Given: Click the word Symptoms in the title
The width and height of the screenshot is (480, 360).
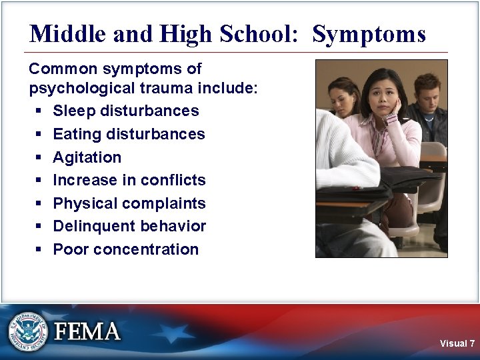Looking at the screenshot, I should [x=369, y=34].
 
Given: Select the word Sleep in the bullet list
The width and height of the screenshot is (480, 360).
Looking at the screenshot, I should [x=73, y=111].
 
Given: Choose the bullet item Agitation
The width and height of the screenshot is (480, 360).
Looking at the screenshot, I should [x=87, y=157].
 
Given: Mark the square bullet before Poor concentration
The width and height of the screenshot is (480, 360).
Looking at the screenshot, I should [x=39, y=249].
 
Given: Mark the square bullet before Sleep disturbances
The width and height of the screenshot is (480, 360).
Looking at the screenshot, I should [x=39, y=111].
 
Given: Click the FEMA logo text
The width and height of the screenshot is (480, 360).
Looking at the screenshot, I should [x=87, y=331].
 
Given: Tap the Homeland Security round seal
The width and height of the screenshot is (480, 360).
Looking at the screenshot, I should [x=28, y=331].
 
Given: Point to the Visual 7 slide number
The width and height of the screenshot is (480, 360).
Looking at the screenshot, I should [x=457, y=343].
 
